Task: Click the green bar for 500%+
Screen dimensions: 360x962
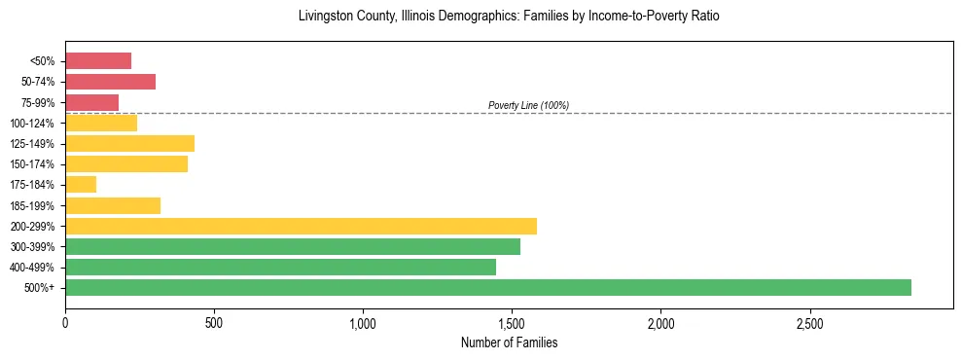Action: [x=487, y=287]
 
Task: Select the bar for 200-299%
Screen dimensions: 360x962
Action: [x=301, y=226]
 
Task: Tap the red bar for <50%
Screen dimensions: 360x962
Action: [x=98, y=61]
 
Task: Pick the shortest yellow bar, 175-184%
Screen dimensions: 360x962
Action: [x=81, y=185]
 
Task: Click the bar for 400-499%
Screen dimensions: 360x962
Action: [x=280, y=267]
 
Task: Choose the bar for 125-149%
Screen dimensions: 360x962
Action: [x=129, y=143]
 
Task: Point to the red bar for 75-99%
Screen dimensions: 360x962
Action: [x=91, y=102]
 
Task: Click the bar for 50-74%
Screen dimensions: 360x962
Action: [x=110, y=82]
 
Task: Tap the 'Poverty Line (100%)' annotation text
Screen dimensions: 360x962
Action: [x=528, y=105]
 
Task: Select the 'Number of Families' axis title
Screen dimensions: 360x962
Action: [x=509, y=342]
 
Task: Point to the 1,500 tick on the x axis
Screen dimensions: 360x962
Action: [x=512, y=322]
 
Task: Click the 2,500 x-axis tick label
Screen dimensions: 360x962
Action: [x=809, y=322]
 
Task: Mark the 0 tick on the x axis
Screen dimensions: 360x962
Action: [x=65, y=322]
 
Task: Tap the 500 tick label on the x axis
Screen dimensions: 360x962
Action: [x=214, y=322]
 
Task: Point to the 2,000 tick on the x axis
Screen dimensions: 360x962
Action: [x=660, y=322]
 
